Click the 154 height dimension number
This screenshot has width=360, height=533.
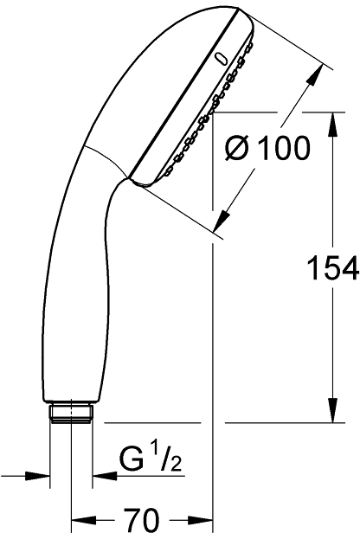333,268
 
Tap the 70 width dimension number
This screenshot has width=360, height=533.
141,520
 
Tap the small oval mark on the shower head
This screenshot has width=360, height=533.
222,60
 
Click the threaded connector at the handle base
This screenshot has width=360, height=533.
71,414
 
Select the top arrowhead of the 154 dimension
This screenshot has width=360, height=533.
333,125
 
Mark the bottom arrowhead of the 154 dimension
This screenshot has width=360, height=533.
333,410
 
